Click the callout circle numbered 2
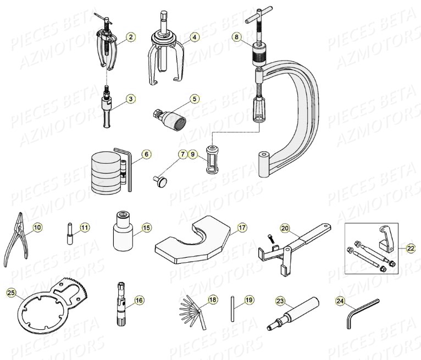(x=130, y=37)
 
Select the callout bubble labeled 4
(x=195, y=37)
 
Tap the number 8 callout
(x=236, y=37)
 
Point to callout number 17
(x=242, y=227)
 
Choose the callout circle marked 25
(x=12, y=293)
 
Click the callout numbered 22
(x=411, y=248)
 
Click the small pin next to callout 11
(x=70, y=232)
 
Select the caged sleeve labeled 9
(x=211, y=159)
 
